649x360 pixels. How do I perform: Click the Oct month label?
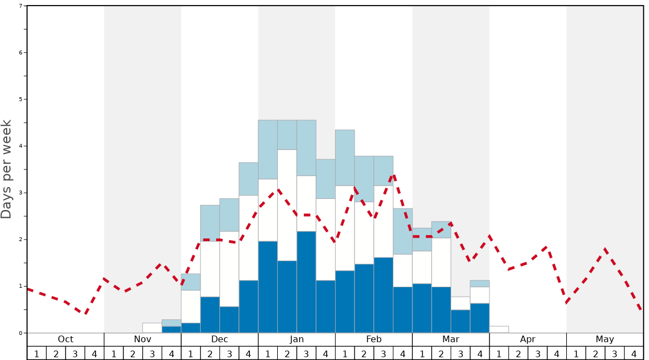tap(66, 339)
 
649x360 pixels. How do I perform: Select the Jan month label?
tap(297, 339)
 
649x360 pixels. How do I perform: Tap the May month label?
tap(605, 339)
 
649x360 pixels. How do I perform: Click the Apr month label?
tap(528, 339)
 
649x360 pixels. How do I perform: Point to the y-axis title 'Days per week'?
tap(7, 169)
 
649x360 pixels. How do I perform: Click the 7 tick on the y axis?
tap(21, 6)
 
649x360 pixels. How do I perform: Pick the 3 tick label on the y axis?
tap(21, 193)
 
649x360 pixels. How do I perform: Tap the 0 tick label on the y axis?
tap(21, 333)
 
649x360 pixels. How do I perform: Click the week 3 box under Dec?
tap(229, 353)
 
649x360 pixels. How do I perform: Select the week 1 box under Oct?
tap(37, 353)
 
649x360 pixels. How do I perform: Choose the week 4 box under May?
tap(633, 353)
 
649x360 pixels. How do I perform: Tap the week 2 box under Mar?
tap(441, 353)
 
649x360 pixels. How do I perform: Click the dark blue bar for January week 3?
tap(306, 282)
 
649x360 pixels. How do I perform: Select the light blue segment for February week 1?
tap(345, 158)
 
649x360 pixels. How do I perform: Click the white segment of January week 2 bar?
tap(287, 205)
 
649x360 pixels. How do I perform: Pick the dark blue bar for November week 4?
tap(171, 329)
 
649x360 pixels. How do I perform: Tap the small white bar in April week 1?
tap(499, 329)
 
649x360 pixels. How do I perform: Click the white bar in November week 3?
tap(152, 328)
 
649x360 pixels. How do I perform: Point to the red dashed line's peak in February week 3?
tap(393, 176)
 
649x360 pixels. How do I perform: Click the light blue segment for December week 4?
tap(248, 179)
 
